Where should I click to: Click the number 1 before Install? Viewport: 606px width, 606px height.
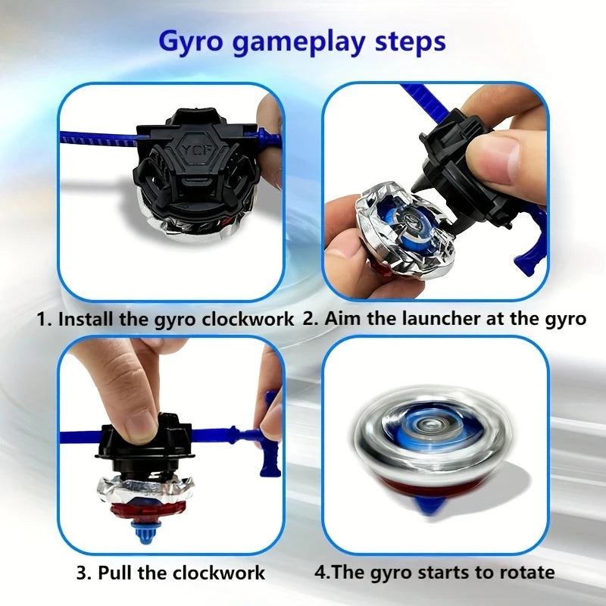[x=42, y=319]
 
